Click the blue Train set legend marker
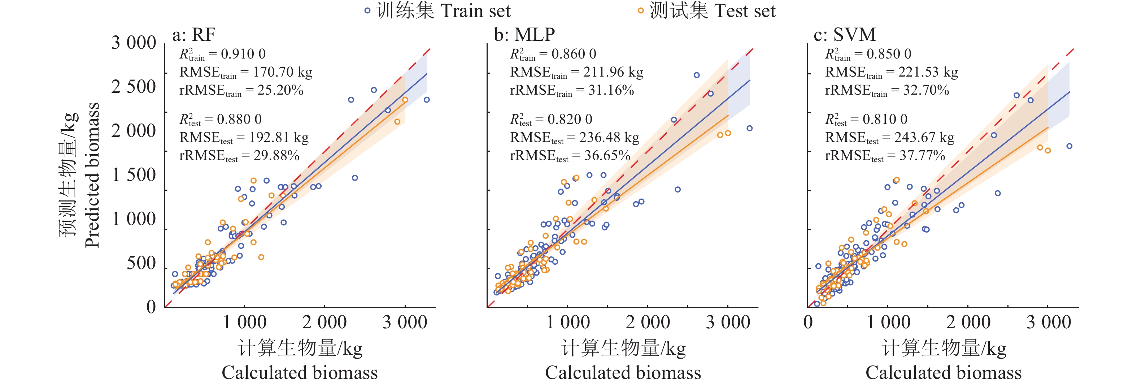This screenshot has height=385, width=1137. [x=367, y=10]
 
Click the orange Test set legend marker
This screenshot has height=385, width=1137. [x=640, y=10]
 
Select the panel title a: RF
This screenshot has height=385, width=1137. [x=194, y=34]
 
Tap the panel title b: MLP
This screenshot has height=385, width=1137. [x=524, y=34]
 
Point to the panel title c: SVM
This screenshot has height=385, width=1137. [x=844, y=34]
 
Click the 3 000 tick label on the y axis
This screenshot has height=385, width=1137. [x=134, y=43]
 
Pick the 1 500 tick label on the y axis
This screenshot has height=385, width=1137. [x=134, y=175]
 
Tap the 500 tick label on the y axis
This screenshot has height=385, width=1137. [x=141, y=263]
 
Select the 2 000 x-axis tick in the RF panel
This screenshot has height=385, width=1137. [x=324, y=322]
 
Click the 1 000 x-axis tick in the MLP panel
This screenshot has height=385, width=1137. [x=568, y=322]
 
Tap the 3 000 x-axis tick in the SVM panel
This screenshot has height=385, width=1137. [x=1048, y=322]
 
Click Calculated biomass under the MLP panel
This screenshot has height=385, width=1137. [x=623, y=373]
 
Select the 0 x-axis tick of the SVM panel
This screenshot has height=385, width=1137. [x=808, y=322]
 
